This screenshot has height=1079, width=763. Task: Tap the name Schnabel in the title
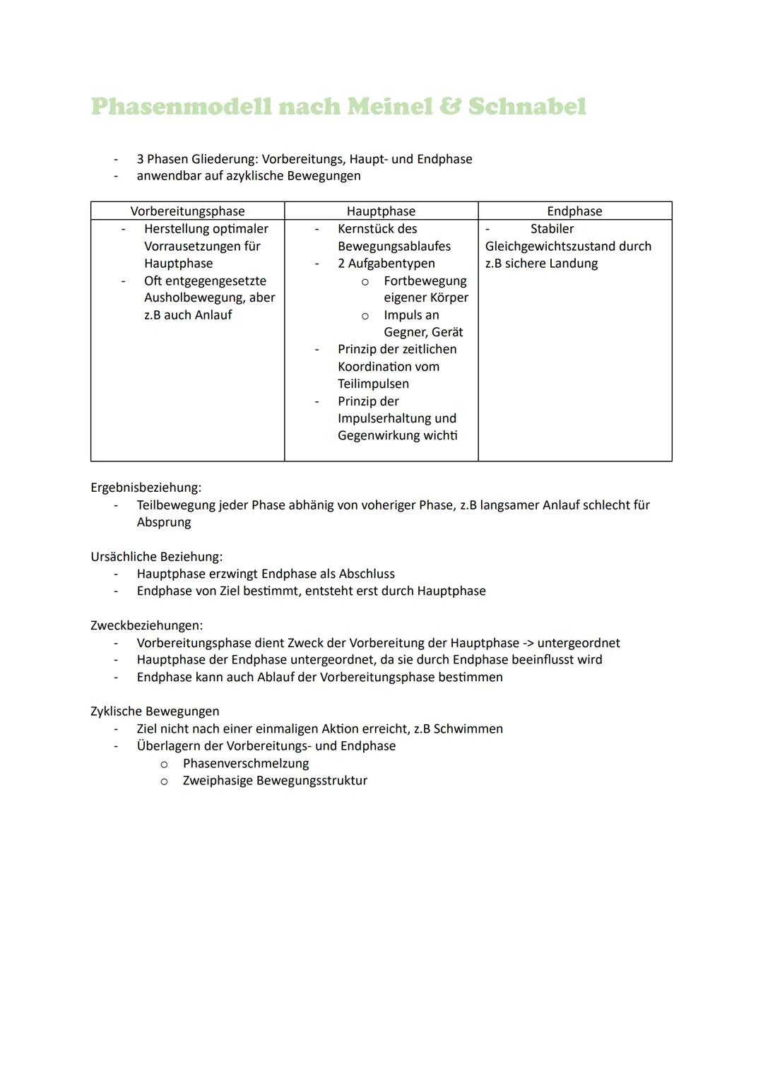[x=527, y=107]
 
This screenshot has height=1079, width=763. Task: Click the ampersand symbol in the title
[x=450, y=107]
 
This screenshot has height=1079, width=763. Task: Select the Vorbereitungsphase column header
[x=187, y=211]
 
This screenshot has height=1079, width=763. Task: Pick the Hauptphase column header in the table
[x=381, y=211]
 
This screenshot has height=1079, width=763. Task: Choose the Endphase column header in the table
[x=574, y=211]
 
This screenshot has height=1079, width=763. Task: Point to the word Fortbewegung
[x=425, y=281]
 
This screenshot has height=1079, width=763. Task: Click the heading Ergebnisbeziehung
[x=146, y=488]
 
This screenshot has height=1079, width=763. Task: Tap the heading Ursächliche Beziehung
[x=156, y=557]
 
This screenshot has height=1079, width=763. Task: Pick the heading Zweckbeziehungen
[x=146, y=625]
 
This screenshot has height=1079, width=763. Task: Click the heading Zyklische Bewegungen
[x=155, y=712]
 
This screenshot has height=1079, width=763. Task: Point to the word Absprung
[x=164, y=522]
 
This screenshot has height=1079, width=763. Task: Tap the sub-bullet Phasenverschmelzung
[x=246, y=763]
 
